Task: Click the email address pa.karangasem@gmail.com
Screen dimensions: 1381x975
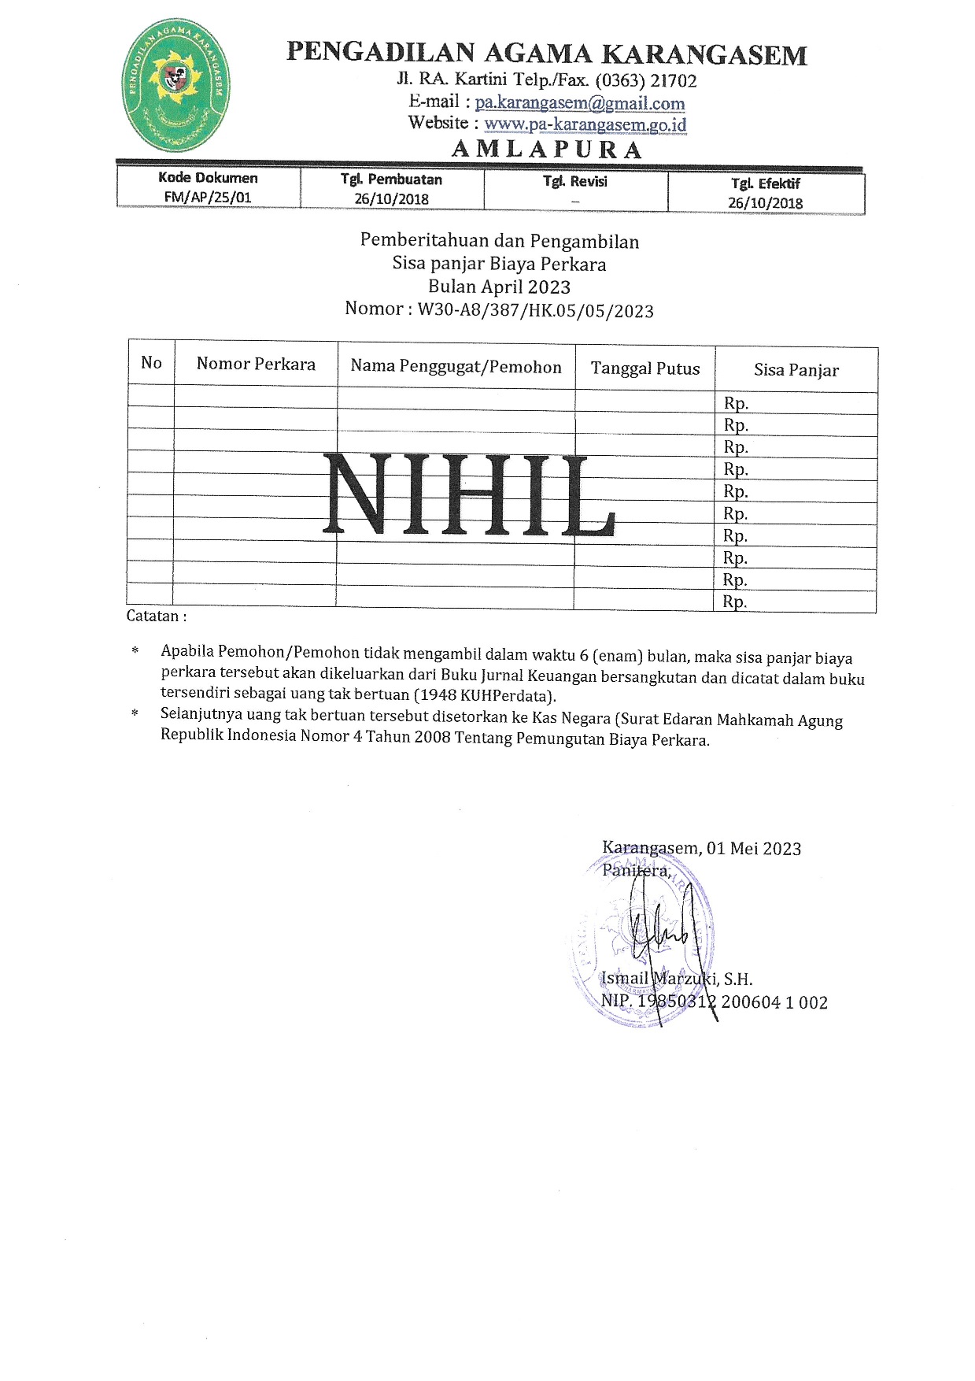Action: coord(580,102)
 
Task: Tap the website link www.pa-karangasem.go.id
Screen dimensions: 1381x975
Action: coord(585,124)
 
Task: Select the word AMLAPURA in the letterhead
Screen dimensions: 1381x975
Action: coord(547,150)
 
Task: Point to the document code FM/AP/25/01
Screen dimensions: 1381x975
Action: coord(208,198)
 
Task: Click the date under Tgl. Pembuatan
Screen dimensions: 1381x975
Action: coord(391,198)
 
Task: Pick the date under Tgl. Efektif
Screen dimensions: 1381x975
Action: coord(765,202)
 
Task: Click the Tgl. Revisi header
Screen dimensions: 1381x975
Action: coord(574,182)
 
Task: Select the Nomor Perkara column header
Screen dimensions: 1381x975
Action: coord(256,364)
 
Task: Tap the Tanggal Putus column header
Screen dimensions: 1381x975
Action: coord(645,368)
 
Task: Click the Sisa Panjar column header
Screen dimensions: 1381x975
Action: coord(796,370)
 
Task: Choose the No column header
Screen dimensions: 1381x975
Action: coord(151,362)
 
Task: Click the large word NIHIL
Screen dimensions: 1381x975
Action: coord(470,496)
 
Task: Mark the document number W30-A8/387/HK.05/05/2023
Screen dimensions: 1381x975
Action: coord(535,310)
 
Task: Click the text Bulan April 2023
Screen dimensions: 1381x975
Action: coord(499,287)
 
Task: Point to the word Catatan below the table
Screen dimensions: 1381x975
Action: coord(153,616)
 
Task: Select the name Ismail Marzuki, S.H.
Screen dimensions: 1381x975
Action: coord(677,979)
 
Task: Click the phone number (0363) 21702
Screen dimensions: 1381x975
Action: coord(646,80)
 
